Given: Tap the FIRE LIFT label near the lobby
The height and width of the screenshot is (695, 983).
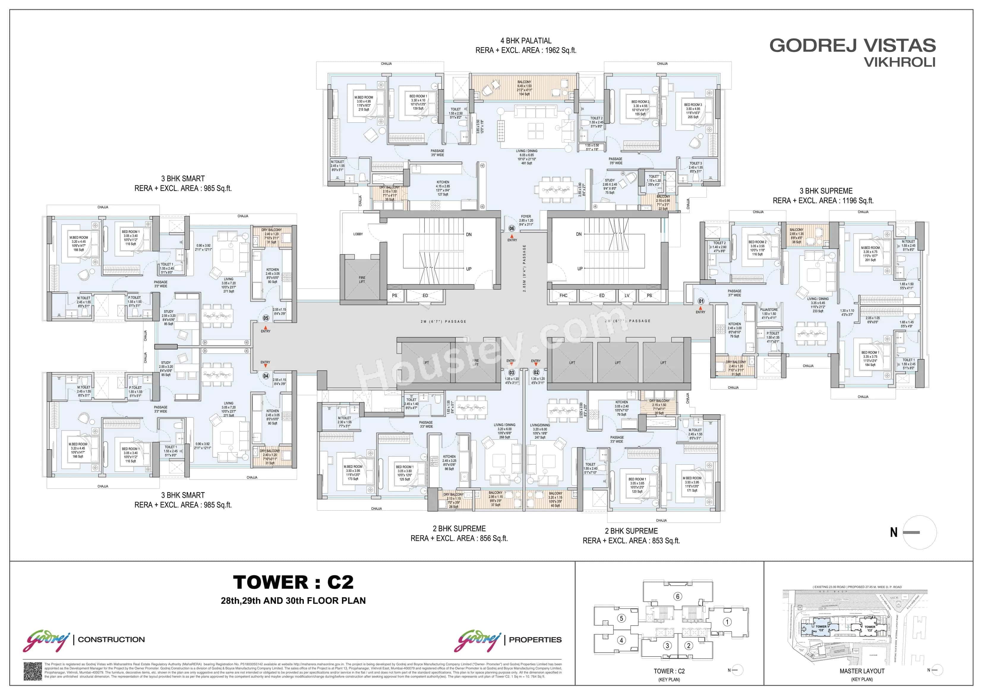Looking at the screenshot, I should (362, 280).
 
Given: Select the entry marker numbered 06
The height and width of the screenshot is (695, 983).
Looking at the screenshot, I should (512, 229).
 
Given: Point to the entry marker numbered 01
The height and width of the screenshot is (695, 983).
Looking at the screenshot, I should (701, 301).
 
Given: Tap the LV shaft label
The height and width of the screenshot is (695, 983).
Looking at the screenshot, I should (627, 295).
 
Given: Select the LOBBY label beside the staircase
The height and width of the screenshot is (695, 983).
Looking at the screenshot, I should (358, 234).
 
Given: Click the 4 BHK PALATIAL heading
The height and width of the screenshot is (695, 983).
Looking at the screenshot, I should (526, 41).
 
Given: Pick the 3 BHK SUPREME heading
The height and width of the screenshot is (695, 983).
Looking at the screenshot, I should (829, 191).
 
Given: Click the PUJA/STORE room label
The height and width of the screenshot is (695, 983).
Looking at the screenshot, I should (769, 310).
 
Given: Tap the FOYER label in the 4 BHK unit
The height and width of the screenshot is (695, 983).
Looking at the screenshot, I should (526, 217).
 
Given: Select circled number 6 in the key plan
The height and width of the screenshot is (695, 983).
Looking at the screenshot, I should (677, 597).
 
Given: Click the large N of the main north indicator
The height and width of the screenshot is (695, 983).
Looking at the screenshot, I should (894, 532).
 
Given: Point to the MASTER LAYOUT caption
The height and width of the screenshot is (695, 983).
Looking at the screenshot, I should (862, 671).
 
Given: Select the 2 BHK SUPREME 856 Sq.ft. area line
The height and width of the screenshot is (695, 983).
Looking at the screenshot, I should (459, 538).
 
